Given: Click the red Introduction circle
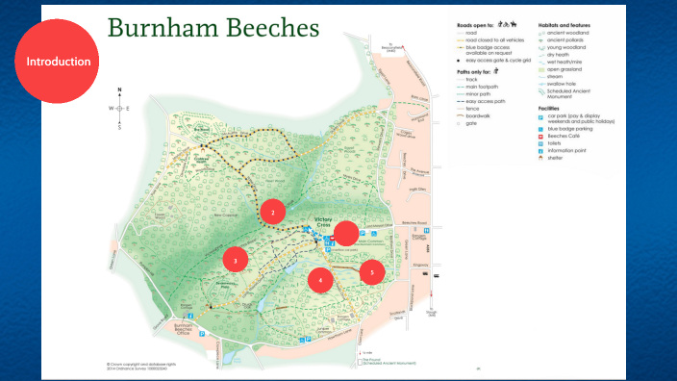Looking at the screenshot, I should (59, 61).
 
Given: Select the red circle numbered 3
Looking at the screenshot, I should (236, 260).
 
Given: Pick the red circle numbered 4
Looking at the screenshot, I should (321, 280).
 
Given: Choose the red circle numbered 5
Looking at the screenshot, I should (372, 273).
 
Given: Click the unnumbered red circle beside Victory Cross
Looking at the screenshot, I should (345, 235).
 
